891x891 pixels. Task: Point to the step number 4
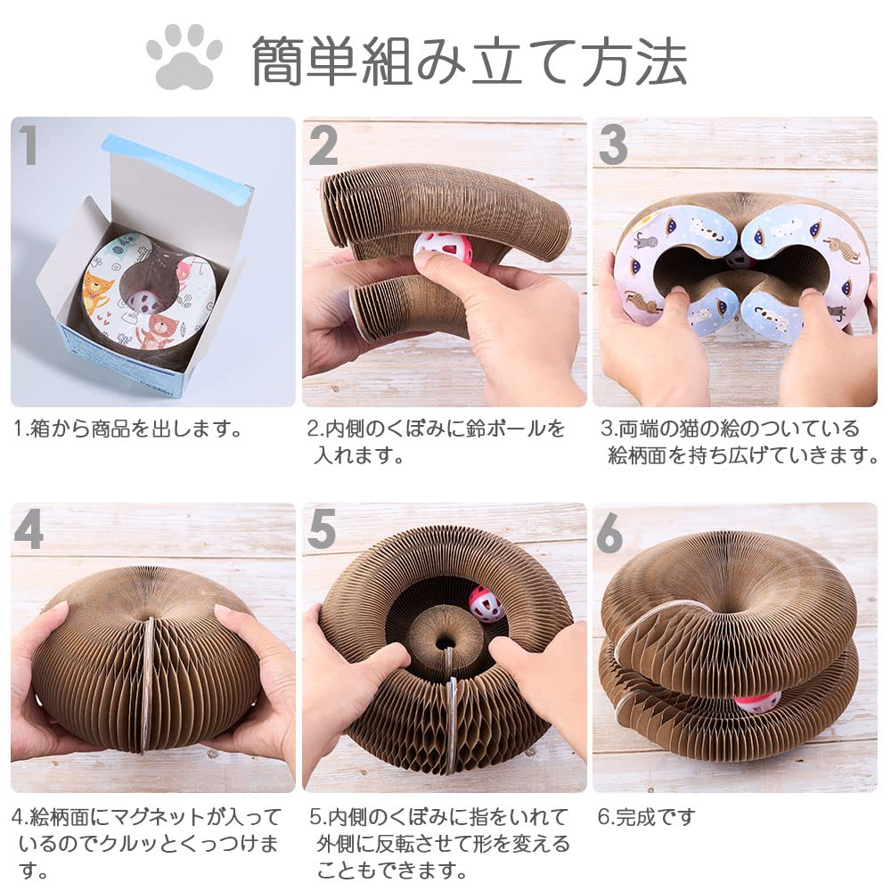(x=29, y=531)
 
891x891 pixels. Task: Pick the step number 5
(x=322, y=531)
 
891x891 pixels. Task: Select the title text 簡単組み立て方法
(x=470, y=61)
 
